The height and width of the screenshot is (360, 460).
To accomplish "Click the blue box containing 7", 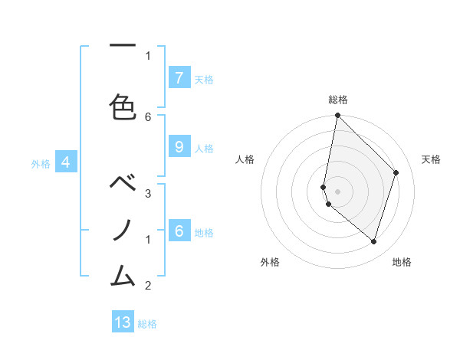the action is [179, 78].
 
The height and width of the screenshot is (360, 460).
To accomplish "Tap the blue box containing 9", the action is [179, 148].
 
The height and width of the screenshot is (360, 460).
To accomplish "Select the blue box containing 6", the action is [179, 231].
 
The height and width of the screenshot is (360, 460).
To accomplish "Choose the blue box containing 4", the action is [66, 162].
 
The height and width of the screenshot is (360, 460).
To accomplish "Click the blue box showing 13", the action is [123, 322].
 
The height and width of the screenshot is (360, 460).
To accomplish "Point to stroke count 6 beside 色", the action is [148, 116].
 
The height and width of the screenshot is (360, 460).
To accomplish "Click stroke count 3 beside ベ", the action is [148, 193].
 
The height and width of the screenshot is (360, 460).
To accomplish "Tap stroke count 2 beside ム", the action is [148, 286].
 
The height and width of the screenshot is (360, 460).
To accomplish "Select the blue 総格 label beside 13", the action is [147, 324].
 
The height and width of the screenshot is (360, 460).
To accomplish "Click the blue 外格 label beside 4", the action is [41, 163].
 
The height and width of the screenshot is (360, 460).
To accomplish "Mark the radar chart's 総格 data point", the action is [337, 116].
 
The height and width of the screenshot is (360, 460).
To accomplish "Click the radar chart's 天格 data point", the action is [396, 172].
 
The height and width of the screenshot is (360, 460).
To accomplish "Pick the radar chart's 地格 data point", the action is [373, 242].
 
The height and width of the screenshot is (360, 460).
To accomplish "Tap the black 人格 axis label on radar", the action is [245, 159].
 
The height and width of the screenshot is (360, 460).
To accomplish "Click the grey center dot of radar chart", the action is [337, 191].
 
